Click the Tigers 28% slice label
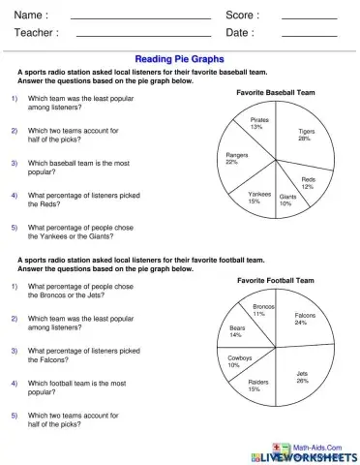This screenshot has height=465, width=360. (x=305, y=135)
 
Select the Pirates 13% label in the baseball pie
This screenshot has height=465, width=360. (x=258, y=123)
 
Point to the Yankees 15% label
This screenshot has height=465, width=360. (x=259, y=197)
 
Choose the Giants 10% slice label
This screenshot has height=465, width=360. (x=286, y=201)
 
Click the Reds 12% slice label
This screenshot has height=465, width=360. (x=308, y=183)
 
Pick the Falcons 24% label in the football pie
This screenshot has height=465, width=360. (x=304, y=319)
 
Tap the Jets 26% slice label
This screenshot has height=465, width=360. (x=303, y=377)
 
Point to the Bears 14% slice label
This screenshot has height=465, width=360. (x=237, y=331)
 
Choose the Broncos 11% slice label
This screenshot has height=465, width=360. (x=264, y=310)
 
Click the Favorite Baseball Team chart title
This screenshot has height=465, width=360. (x=276, y=92)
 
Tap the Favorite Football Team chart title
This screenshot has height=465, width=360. (x=276, y=280)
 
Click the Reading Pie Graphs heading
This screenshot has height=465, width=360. (x=179, y=58)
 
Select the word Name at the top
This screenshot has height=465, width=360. (x=29, y=15)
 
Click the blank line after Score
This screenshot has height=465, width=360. (x=309, y=17)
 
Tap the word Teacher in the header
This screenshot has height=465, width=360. (x=35, y=32)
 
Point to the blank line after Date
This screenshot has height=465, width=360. (x=309, y=35)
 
